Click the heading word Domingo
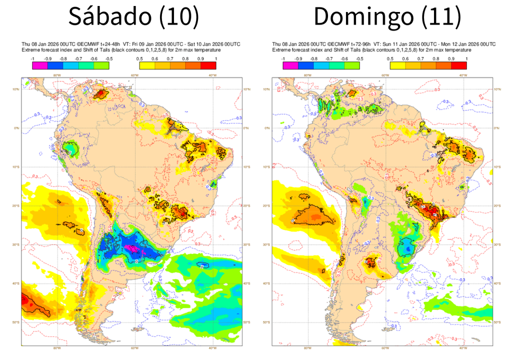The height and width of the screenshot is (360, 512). pyautogui.click(x=363, y=17)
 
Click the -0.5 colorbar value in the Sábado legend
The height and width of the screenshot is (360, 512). pyautogui.click(x=108, y=59)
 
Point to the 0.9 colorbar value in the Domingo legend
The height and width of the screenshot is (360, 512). pyautogui.click(x=451, y=59)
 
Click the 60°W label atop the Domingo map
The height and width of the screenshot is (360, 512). pyautogui.click(x=385, y=75)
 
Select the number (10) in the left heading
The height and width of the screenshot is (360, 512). pyautogui.click(x=178, y=17)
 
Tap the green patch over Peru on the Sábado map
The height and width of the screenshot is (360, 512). pyautogui.click(x=72, y=149)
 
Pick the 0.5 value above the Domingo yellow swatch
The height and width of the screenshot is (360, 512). pyautogui.click(x=389, y=59)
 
